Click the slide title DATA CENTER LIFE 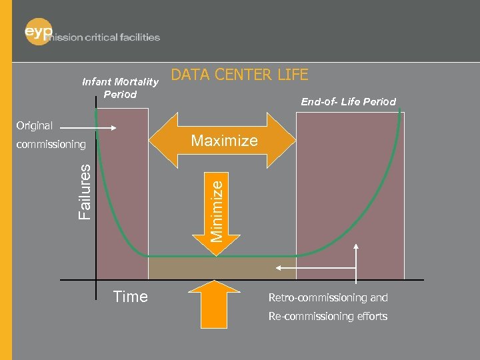pos(240,75)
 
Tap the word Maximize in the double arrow pos(224,141)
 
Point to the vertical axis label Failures pos(85,191)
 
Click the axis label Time pos(131,297)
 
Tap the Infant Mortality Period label pos(120,88)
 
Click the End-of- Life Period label pos(348,102)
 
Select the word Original pos(35,125)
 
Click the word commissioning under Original pos(51,144)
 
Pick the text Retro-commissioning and pos(328,297)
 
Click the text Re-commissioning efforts pos(328,316)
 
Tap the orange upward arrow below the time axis pos(214,303)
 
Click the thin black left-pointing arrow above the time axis pos(313,267)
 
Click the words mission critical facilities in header pos(109,37)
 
